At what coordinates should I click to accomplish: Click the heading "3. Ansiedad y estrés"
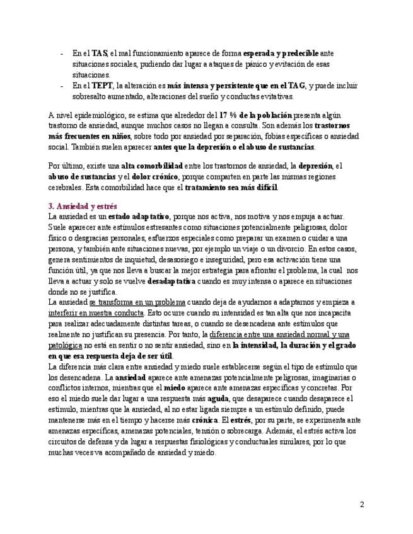82,206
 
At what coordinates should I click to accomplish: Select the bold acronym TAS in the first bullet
100,54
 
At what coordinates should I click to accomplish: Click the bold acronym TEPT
102,86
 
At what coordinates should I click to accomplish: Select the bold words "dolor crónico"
156,176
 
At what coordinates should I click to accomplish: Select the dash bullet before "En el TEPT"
62,86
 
